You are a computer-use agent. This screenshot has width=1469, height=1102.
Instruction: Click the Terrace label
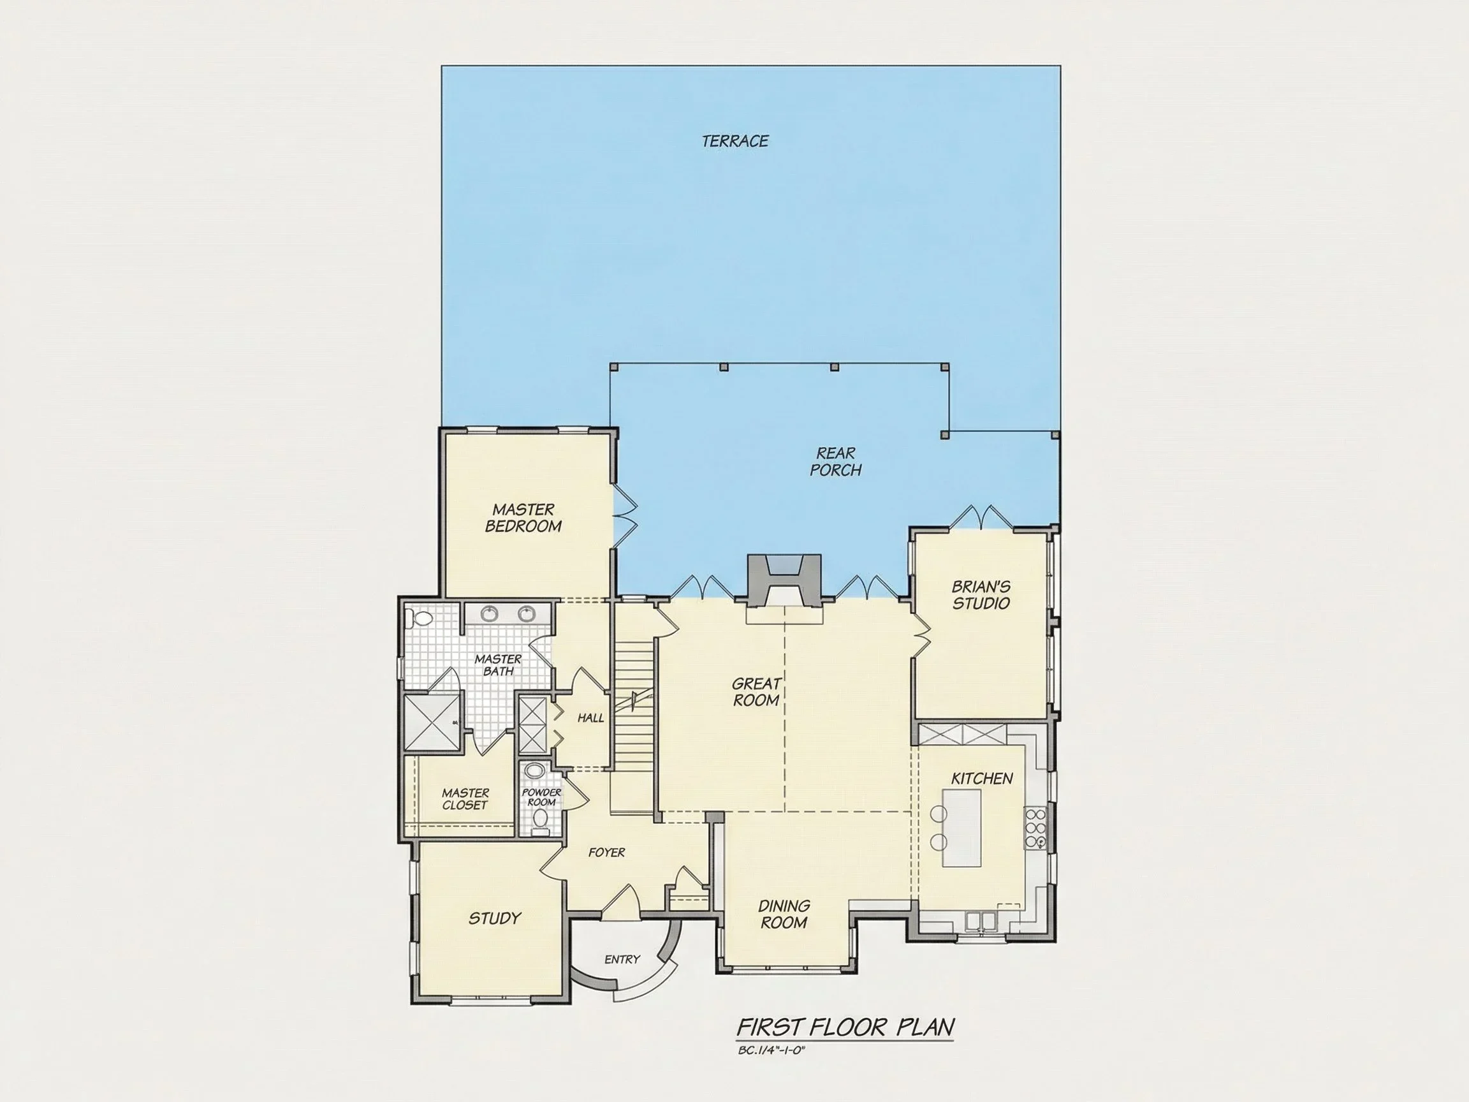(735, 141)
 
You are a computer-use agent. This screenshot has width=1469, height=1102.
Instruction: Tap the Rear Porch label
(835, 462)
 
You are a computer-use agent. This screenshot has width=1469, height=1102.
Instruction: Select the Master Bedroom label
(523, 518)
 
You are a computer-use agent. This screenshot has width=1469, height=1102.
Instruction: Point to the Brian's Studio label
(981, 595)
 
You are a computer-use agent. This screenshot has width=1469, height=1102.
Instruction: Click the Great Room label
(756, 691)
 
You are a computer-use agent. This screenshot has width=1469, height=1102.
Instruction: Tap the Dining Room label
(784, 914)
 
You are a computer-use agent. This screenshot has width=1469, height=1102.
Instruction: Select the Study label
(495, 919)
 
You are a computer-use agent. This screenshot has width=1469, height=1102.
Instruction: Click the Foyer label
(606, 852)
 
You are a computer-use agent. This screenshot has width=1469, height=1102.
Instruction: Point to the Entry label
(622, 959)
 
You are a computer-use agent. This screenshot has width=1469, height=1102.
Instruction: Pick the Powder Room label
(541, 797)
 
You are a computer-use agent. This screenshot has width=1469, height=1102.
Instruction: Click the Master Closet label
(465, 799)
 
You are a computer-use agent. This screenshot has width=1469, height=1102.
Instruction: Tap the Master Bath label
(498, 665)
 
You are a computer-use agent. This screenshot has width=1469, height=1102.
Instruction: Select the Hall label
(590, 718)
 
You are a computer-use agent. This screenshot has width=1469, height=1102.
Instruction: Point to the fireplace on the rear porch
(784, 580)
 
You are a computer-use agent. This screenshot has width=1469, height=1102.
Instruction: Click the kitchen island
(961, 828)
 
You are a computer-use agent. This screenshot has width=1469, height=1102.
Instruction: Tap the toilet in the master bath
(420, 619)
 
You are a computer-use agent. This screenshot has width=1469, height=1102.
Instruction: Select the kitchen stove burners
(1035, 828)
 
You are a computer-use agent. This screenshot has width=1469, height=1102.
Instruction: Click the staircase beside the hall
(634, 711)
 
